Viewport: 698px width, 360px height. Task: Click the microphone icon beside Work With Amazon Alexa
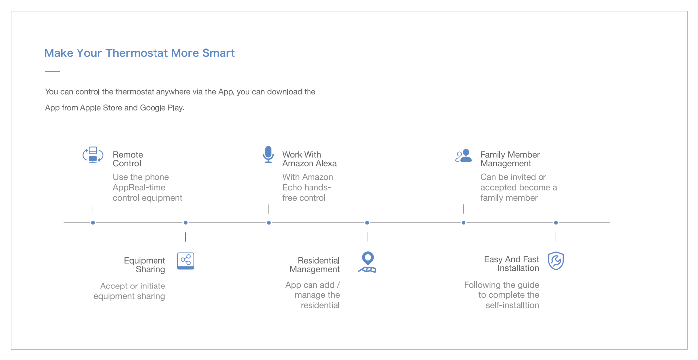(268, 154)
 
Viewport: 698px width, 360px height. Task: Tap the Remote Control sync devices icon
(93, 155)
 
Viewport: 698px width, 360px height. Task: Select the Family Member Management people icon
(464, 156)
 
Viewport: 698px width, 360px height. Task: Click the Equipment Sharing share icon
(186, 261)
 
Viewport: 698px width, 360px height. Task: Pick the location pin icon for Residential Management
(368, 262)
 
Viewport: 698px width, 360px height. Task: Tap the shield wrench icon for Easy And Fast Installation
(556, 261)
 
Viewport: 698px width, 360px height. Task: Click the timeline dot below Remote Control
(93, 223)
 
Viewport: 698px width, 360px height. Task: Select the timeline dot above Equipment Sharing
(186, 223)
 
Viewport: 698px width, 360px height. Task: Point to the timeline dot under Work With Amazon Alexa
(269, 223)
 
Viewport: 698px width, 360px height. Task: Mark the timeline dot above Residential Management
(367, 223)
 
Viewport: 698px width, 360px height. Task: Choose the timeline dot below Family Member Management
(464, 223)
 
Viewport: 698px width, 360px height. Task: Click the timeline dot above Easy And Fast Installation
(556, 223)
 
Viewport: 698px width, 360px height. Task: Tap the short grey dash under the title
(52, 72)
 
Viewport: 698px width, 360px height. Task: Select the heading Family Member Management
(510, 159)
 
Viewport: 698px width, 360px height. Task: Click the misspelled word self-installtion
(512, 305)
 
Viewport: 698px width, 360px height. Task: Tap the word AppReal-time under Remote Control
(139, 188)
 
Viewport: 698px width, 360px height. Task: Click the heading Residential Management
(315, 265)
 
